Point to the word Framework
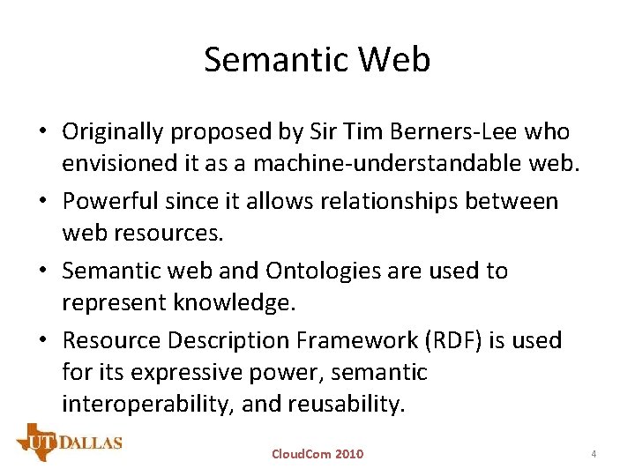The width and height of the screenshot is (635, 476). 342,339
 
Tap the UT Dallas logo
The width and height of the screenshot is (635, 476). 69,442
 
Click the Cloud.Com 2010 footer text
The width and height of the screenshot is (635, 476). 317,454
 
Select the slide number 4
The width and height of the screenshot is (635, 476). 594,454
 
